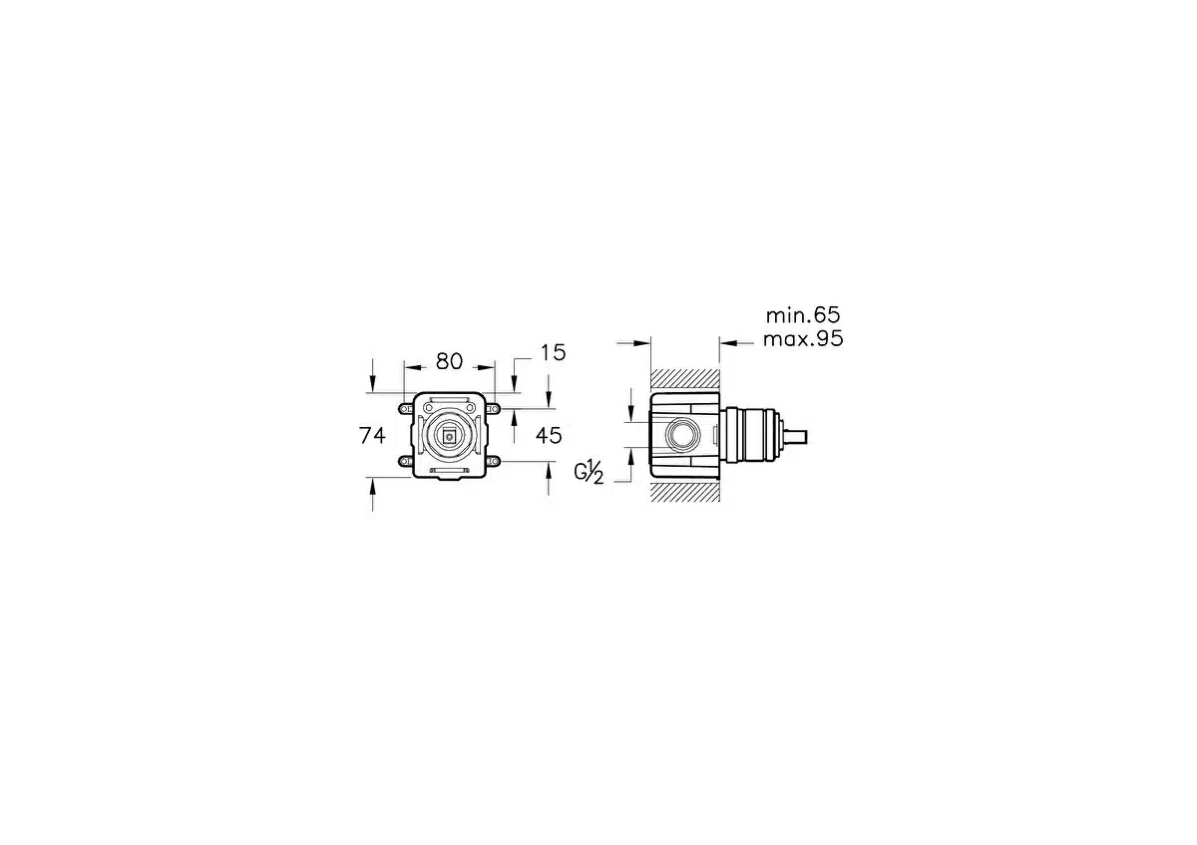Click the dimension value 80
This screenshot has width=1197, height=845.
coord(449,362)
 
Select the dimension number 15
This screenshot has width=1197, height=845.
coord(553,353)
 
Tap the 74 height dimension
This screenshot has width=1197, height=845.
coord(372,436)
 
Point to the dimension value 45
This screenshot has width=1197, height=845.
coord(549,436)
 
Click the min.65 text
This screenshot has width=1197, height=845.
coord(803,315)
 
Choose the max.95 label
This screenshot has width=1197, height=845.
coord(803,339)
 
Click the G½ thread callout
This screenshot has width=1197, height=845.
coord(589,472)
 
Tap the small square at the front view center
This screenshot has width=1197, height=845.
coord(448,437)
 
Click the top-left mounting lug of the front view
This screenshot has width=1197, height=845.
coord(406,409)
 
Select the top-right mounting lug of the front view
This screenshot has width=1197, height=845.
coord(493,409)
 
